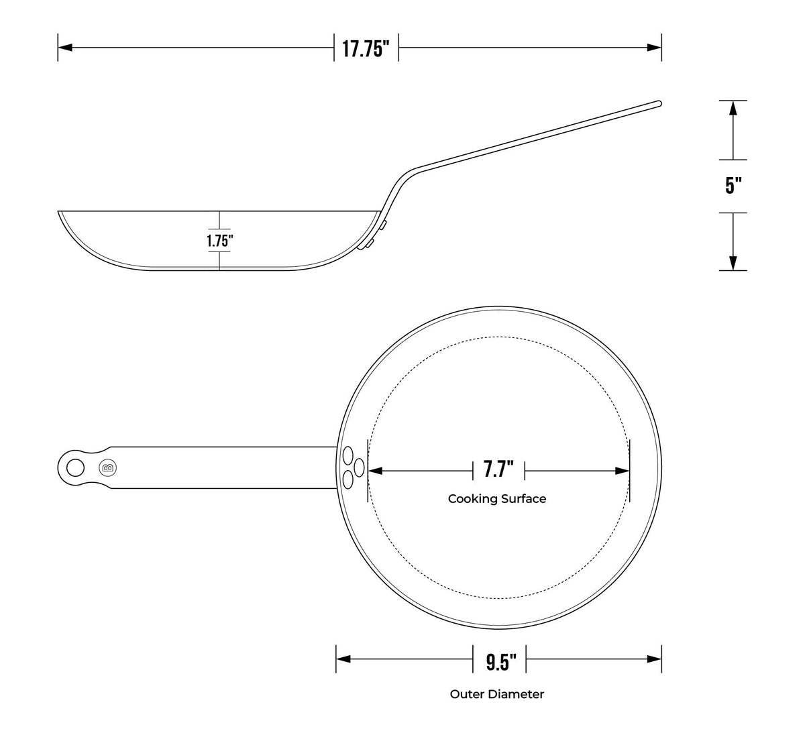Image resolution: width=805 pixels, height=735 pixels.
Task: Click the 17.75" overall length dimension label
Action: (366, 49)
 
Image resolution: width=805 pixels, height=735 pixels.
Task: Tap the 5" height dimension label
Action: (733, 185)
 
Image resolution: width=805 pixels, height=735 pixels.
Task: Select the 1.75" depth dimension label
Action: (219, 241)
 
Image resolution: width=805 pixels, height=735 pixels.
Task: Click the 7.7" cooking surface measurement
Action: (498, 469)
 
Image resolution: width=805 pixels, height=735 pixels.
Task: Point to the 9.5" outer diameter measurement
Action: (501, 662)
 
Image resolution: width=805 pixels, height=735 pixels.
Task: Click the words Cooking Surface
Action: (497, 499)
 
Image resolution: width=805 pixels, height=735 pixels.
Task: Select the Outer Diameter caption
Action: (497, 694)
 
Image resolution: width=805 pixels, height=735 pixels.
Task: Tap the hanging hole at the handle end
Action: (75, 468)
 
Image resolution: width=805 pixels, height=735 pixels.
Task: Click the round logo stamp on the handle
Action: (108, 468)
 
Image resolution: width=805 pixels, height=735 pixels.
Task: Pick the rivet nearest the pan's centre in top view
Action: (359, 467)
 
